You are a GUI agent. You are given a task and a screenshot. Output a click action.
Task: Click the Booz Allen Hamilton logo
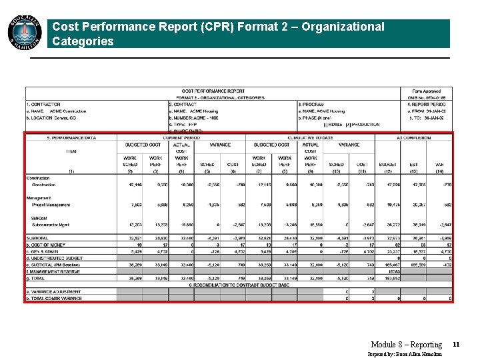point(24,34)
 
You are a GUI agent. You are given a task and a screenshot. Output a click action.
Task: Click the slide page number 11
point(456,344)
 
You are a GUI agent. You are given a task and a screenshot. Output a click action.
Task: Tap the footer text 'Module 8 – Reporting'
point(406,345)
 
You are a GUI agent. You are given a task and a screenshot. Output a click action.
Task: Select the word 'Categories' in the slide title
point(83,41)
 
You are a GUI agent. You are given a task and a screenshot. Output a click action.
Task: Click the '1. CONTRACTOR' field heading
point(43,105)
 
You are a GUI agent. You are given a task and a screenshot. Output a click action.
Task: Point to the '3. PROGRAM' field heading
point(312,105)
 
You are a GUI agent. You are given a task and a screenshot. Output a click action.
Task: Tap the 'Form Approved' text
point(427,91)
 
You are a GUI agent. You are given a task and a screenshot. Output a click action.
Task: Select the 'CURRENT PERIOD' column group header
point(181,137)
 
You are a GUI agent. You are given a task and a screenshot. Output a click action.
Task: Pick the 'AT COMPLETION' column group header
point(413,137)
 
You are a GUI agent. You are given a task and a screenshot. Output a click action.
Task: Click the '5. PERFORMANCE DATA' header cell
point(71,137)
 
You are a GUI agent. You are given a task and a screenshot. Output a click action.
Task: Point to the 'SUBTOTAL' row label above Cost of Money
point(37,237)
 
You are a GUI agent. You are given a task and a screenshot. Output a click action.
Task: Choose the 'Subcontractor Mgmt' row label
point(51,225)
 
